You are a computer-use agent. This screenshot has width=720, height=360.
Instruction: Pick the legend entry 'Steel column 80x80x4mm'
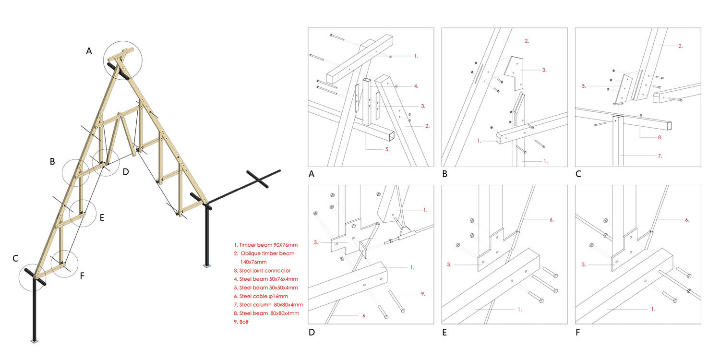coord(265,305)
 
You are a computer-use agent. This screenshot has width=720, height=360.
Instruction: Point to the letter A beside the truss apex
coord(89,51)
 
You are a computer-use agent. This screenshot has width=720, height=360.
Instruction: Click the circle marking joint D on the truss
coord(105,162)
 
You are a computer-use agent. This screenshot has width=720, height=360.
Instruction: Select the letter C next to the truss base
coord(15,259)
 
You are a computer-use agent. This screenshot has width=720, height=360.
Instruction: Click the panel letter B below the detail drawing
coord(445,174)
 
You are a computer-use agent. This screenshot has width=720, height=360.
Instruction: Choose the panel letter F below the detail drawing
coord(578,332)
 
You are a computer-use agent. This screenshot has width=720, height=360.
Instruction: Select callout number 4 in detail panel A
coord(416,86)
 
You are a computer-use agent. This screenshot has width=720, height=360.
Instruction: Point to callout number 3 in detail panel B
coord(544,70)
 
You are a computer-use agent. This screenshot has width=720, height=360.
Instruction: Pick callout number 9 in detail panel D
coord(422,293)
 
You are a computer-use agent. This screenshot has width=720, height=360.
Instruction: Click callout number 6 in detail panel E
coord(551,220)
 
